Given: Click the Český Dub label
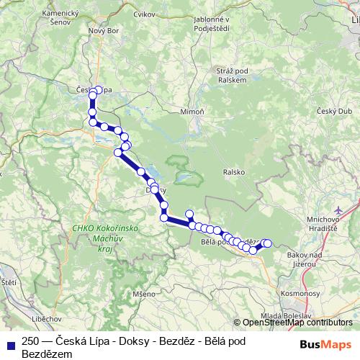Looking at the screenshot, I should pos(333,111).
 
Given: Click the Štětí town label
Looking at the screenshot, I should pos(8,282).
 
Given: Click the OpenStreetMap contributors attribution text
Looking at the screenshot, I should pos(297,323).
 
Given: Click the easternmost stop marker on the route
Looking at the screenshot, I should pos(269,243).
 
